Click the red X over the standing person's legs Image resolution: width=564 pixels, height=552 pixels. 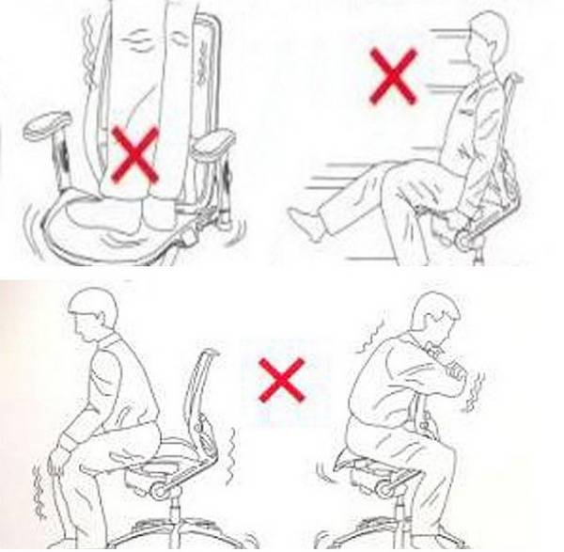135,154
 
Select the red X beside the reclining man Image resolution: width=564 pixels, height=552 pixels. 393,75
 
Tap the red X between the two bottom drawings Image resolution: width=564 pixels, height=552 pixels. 282,380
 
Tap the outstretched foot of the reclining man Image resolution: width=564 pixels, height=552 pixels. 305,226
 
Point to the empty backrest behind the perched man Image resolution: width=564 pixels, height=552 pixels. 202,395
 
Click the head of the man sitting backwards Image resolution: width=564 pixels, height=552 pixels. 432,320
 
